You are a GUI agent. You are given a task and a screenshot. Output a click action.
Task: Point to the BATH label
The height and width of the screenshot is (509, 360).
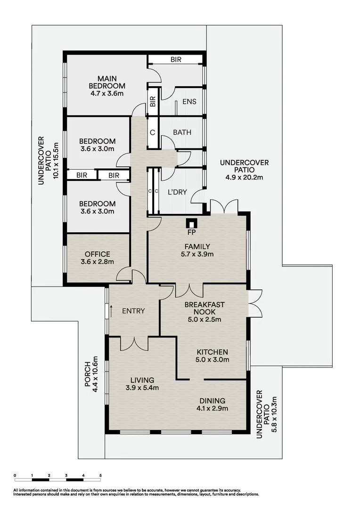click(x=182, y=132)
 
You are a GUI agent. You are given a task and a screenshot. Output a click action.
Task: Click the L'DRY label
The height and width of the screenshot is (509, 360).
click(x=178, y=192)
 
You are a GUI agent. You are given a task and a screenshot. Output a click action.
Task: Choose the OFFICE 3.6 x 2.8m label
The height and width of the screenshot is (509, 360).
click(x=98, y=258)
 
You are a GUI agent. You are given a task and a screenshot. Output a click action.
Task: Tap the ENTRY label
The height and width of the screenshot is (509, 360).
click(x=133, y=311)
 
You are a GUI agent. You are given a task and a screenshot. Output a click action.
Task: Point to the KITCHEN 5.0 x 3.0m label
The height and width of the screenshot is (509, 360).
click(x=212, y=356)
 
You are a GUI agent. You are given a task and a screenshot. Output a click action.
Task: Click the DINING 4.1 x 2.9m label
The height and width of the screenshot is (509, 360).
click(x=212, y=404)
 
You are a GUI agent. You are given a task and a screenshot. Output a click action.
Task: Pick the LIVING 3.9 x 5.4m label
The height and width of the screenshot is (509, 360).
click(x=142, y=384)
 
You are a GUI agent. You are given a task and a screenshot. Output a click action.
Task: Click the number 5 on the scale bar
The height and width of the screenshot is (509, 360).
click(x=100, y=476)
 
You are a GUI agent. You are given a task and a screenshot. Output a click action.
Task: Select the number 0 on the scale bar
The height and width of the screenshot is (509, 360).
click(x=15, y=476)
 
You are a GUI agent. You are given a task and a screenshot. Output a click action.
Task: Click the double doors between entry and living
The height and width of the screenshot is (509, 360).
click(x=134, y=343)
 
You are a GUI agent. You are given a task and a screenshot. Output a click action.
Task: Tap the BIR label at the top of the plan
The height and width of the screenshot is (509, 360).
click(x=176, y=60)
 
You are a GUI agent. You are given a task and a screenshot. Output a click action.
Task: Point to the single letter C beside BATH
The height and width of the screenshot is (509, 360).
click(x=152, y=132)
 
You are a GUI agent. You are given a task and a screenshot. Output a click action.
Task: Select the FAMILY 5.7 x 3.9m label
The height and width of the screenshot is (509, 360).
click(x=197, y=250)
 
